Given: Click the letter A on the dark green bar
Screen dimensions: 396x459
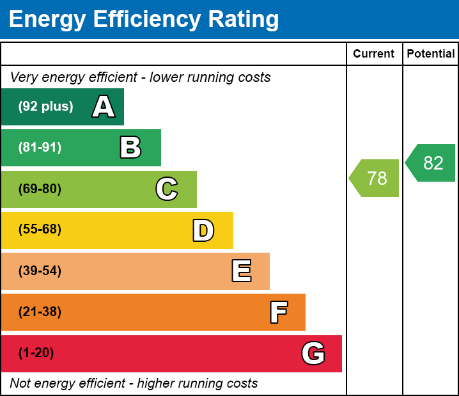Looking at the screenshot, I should [104, 107].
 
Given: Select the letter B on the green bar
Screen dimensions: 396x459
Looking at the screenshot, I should [130, 148].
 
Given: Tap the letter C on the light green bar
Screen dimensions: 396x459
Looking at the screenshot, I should [166, 189].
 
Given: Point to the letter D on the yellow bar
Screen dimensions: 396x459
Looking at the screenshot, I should [203, 230].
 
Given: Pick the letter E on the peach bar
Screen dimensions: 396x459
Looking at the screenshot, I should [241, 271].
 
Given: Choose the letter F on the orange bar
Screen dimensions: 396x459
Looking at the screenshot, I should [278, 312].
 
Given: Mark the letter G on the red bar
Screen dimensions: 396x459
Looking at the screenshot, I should [313, 353].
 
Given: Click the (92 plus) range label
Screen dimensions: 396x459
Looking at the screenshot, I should [45, 107].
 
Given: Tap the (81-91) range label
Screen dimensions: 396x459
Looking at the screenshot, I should [40, 148].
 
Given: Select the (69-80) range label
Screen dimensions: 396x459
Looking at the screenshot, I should [40, 189].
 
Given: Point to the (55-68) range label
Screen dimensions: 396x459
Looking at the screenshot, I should [40, 230].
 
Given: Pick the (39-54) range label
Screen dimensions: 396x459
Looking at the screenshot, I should [40, 271].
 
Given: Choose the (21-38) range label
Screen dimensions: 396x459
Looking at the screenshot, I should [40, 312].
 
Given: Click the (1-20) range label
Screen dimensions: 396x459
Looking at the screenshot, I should [36, 353].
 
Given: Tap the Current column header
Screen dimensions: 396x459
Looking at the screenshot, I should [374, 54].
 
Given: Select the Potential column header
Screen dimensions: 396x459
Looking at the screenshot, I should [431, 54].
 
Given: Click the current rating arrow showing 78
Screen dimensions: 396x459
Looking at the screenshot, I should [375, 178].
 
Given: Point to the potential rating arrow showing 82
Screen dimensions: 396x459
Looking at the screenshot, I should [432, 163].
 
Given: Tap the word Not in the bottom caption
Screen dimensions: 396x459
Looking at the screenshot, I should [20, 384].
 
